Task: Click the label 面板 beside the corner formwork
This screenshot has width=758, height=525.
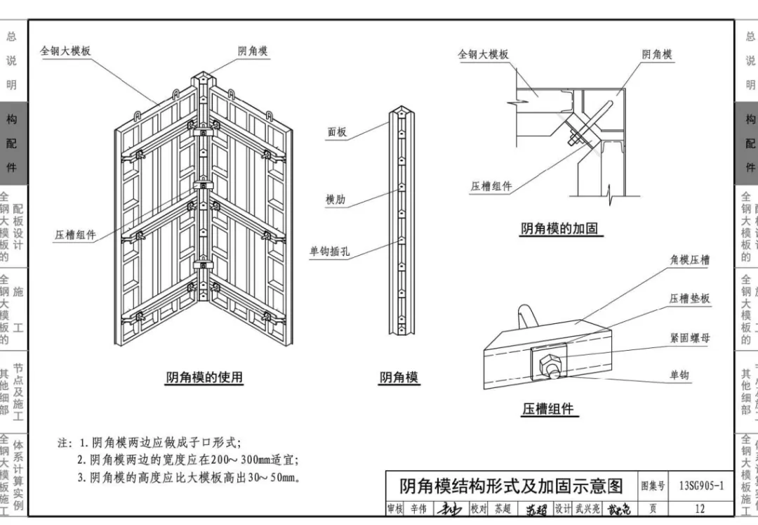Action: pos(337,131)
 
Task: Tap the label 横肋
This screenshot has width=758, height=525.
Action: pos(335,200)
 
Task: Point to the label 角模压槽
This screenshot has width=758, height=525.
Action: pos(689,260)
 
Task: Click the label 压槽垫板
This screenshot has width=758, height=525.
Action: pos(689,299)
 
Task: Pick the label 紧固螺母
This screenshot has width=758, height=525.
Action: pos(689,338)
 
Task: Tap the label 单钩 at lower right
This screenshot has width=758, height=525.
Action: pos(679,375)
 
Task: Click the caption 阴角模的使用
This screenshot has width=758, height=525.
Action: pos(204,377)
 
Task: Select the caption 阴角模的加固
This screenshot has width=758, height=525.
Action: pos(561,228)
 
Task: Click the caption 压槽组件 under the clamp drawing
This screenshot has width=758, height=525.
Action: pos(547,409)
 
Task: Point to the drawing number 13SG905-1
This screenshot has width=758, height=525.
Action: pos(701,486)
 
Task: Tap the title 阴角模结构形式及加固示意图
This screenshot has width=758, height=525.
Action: pos(510,486)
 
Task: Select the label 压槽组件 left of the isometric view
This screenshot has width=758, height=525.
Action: pos(75,235)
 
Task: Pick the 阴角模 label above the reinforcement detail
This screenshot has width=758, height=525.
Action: pos(657,55)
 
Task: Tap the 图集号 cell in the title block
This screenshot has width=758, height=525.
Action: pos(653,486)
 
